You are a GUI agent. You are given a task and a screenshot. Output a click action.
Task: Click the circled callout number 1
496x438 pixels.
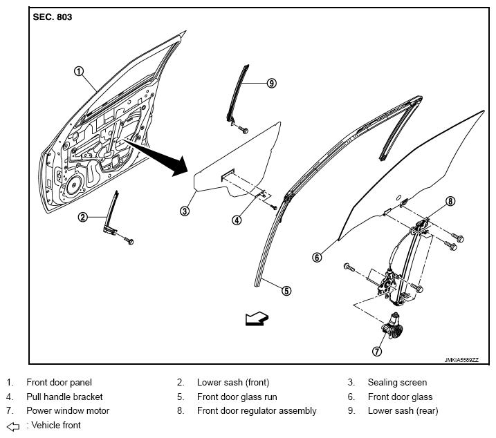click(x=79, y=71)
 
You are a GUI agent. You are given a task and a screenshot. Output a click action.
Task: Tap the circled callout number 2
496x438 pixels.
click(x=83, y=217)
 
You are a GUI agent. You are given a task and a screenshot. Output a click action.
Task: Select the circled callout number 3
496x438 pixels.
click(x=185, y=211)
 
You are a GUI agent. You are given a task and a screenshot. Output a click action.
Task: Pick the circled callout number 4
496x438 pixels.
click(x=237, y=220)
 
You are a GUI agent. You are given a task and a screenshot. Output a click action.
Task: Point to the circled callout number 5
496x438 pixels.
click(x=286, y=291)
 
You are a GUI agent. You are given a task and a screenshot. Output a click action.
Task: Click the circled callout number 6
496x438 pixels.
click(x=317, y=257)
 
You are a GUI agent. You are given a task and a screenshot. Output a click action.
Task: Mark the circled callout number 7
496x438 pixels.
click(x=377, y=351)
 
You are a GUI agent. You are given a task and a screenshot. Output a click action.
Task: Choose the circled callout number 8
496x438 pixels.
click(x=450, y=201)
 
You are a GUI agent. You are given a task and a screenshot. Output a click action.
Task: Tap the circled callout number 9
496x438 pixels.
click(x=271, y=83)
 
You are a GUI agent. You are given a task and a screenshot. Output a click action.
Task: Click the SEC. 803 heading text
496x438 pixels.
click(x=53, y=17)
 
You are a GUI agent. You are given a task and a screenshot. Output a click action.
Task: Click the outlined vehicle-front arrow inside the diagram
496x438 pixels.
click(x=257, y=318)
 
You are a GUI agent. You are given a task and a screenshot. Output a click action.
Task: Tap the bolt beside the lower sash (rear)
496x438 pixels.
click(x=243, y=129)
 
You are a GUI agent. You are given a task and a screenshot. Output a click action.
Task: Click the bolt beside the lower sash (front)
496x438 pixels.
click(x=129, y=241)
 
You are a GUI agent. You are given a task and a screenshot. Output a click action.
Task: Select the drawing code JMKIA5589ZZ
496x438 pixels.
click(x=461, y=360)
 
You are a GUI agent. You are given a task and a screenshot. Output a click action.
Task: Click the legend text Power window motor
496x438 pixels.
click(x=68, y=411)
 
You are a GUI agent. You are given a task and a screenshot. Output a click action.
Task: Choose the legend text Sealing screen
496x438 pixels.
click(x=397, y=382)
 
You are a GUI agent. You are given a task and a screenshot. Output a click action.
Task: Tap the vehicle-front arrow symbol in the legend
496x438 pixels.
click(x=13, y=427)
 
